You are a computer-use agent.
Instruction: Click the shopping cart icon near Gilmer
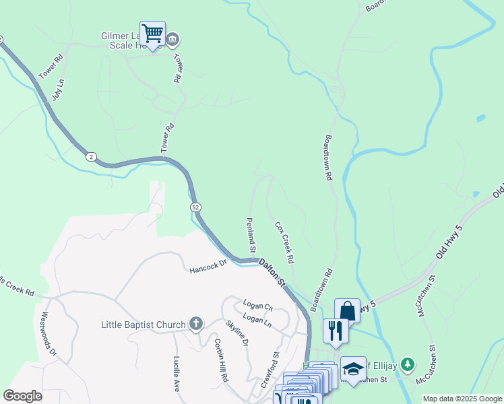(153, 32)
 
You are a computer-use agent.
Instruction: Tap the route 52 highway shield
(195, 207)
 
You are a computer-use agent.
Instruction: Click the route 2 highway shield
(91, 157)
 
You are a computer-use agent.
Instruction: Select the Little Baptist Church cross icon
(195, 325)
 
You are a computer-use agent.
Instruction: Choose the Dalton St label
(273, 273)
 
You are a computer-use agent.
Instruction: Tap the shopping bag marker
(347, 311)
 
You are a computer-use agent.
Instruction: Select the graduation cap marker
(353, 369)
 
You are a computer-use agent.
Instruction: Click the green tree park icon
(407, 365)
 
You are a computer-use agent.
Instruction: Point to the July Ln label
(58, 90)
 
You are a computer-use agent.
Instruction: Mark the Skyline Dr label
(237, 333)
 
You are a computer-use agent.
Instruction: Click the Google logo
(22, 395)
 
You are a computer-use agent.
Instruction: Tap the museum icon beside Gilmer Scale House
(173, 39)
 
